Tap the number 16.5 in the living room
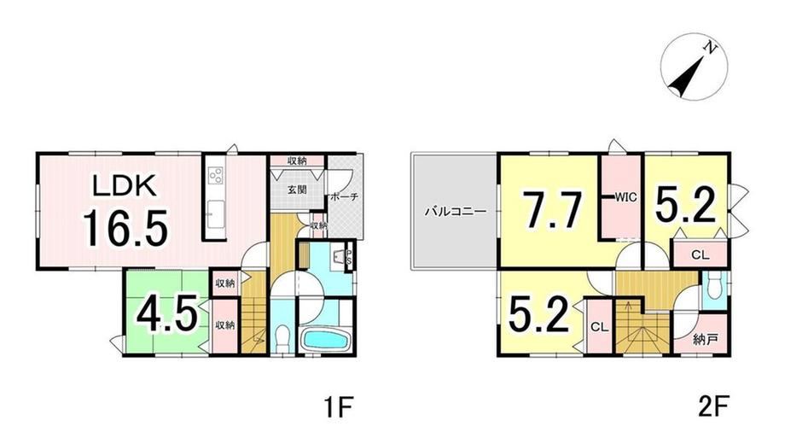[125, 229]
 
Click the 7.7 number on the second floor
[552, 209]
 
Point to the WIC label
[625, 197]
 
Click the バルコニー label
[455, 212]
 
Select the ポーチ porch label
[344, 197]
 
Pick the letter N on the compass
[712, 48]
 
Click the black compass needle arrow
[688, 76]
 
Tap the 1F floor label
[339, 406]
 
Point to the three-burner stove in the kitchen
[217, 175]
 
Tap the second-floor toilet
[713, 288]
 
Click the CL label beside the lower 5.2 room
[599, 328]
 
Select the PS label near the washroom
[350, 259]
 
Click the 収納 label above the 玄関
[298, 161]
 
